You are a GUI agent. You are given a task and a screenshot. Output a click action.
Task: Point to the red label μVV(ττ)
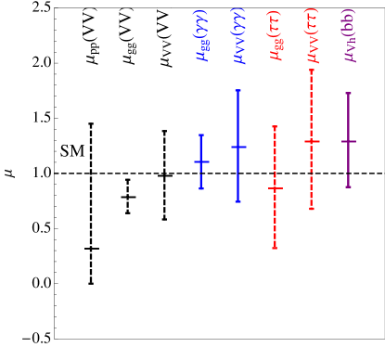[312, 36]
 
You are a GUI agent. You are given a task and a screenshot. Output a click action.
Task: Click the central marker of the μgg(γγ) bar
[201, 161]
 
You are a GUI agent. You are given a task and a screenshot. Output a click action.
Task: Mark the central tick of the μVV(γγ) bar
[238, 147]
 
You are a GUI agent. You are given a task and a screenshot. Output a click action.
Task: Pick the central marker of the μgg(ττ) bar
[275, 187]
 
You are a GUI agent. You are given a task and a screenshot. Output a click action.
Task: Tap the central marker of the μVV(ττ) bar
[312, 141]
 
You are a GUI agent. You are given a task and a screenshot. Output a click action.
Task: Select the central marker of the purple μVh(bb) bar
[349, 141]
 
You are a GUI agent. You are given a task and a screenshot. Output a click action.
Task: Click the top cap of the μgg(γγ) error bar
[201, 135]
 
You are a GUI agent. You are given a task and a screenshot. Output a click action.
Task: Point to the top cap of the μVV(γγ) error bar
[238, 90]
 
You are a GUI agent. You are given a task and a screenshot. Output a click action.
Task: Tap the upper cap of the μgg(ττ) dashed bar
[275, 126]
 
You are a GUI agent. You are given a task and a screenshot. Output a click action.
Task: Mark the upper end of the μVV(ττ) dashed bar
[312, 70]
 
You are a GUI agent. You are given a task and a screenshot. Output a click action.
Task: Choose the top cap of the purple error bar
[349, 93]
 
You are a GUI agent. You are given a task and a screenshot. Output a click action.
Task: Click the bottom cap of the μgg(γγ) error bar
[201, 189]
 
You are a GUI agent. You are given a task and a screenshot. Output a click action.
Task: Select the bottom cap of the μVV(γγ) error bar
[238, 201]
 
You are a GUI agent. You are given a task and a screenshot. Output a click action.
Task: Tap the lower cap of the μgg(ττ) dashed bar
[275, 248]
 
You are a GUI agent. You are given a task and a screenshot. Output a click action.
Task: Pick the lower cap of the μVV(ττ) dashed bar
[312, 209]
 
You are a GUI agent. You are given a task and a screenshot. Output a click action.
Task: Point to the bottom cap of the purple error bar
[349, 186]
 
